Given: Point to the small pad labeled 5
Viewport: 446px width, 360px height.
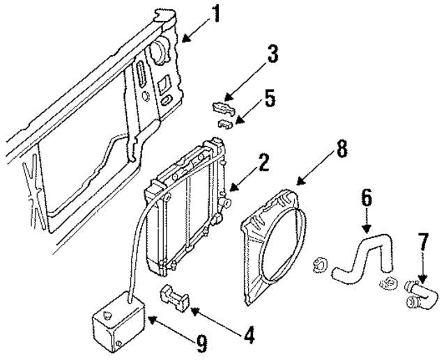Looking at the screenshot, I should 224,124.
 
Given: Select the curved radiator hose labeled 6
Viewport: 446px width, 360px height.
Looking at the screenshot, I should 362,258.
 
